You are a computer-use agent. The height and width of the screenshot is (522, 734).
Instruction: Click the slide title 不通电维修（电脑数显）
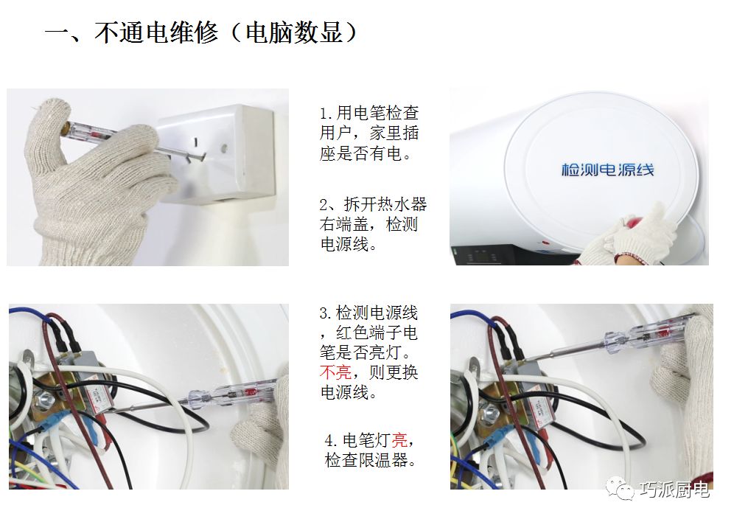202,32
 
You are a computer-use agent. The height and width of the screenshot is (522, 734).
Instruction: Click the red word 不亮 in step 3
335,372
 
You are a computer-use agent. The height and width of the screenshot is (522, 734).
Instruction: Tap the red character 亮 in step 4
399,440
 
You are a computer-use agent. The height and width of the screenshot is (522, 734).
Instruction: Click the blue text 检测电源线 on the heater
607,170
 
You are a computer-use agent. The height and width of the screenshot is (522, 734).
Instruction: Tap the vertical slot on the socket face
195,141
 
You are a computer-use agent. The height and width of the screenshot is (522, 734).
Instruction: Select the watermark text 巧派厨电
675,490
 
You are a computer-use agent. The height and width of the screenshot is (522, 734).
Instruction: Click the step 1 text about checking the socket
369,133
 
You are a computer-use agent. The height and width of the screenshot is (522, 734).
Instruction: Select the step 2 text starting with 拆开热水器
373,224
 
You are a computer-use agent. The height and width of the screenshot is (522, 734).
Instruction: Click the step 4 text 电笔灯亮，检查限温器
370,450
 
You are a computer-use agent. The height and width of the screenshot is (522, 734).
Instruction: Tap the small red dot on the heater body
545,243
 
